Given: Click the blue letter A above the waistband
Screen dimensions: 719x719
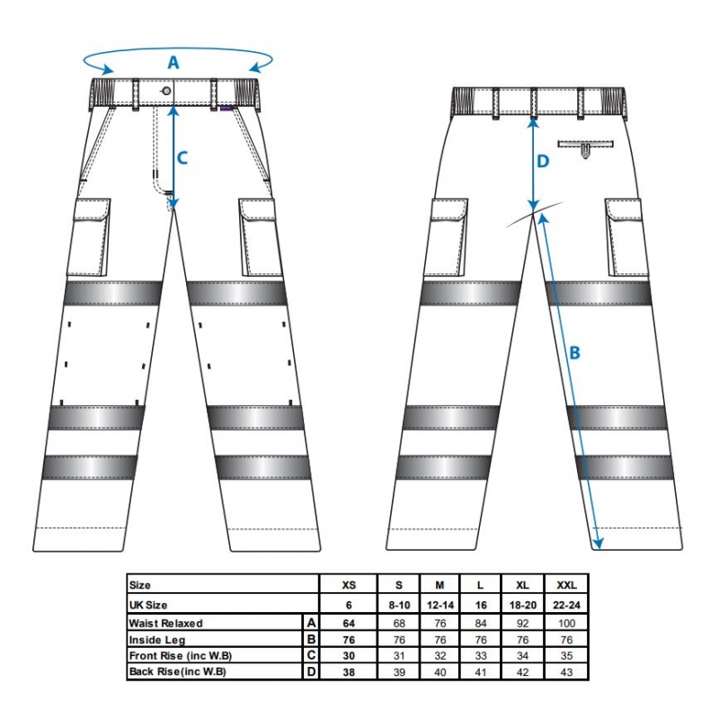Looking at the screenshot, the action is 173,62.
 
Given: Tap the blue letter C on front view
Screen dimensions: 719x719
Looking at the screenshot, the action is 182,158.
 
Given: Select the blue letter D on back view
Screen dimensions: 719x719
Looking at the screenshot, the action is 543,162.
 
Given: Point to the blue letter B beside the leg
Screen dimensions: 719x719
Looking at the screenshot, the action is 574,353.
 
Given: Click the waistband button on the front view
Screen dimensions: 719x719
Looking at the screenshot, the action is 166,91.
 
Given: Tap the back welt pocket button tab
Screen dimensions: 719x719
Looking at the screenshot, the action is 586,151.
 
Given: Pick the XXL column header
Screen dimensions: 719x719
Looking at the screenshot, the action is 567,585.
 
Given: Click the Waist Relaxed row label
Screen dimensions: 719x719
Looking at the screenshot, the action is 165,623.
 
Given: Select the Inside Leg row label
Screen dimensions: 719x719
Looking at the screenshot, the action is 157,640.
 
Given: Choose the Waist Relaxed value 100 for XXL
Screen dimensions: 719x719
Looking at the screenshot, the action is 567,623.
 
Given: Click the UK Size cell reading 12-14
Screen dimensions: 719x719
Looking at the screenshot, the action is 440,605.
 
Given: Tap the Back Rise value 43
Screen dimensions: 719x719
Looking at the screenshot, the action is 567,672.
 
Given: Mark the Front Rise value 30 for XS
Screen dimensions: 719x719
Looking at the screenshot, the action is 349,656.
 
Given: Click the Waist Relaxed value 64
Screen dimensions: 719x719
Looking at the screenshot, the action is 349,623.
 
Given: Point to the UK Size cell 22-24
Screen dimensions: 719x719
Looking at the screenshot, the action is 567,605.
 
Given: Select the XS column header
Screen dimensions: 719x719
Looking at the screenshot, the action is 349,585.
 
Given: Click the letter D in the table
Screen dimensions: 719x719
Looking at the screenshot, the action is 311,672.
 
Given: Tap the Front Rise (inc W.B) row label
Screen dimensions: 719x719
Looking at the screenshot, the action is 181,656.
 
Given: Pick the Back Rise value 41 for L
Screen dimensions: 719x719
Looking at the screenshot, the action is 481,672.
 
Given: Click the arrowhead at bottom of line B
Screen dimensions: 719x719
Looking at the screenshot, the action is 597,545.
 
